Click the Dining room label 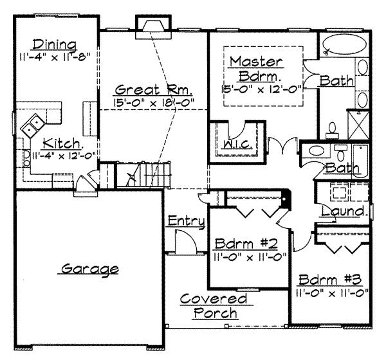[55, 45]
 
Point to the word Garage [89, 269]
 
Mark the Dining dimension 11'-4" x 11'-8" [55, 57]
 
